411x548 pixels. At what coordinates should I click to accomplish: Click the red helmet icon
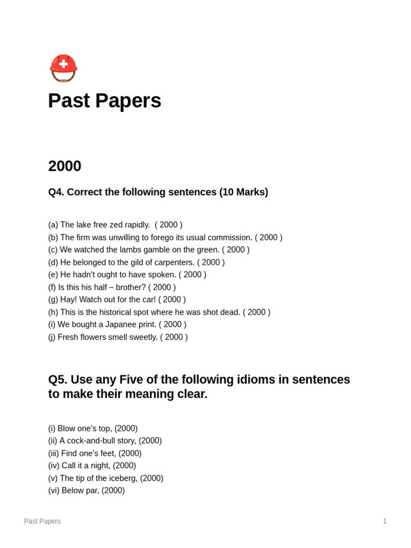tap(64, 68)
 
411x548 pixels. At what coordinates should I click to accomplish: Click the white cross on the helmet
tap(64, 64)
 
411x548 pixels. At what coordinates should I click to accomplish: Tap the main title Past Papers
tap(104, 101)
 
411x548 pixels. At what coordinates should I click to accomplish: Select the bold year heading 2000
tap(65, 166)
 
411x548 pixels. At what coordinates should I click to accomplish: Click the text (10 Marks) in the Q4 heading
tap(243, 192)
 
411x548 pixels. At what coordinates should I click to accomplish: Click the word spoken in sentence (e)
tap(161, 275)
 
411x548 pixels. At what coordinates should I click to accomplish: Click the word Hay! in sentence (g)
tap(68, 300)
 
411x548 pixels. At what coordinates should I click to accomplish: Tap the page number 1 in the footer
tap(384, 521)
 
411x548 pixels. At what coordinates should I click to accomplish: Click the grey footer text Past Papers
tap(42, 521)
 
